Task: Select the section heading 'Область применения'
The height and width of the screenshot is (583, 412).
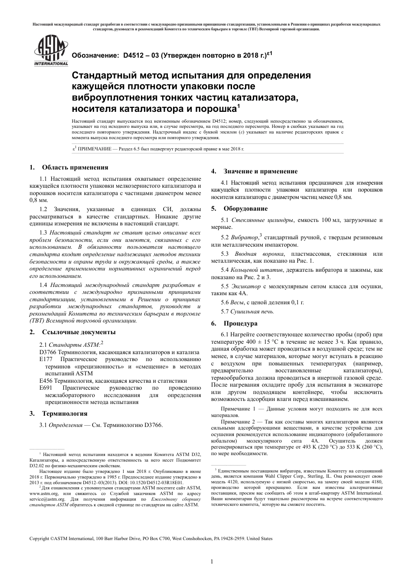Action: [75, 167]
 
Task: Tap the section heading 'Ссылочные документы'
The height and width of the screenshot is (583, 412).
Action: [78, 332]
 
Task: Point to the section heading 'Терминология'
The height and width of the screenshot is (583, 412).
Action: [64, 414]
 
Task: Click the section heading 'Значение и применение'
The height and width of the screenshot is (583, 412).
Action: [260, 171]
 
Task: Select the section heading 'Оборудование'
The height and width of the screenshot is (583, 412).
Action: [245, 209]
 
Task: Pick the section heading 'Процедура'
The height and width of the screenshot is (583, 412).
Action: [240, 323]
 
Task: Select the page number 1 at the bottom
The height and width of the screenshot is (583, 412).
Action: [212, 562]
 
